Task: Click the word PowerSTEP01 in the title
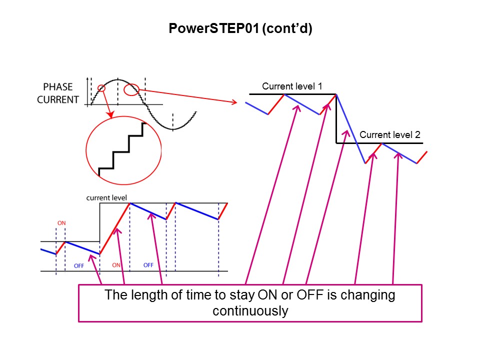coord(214,29)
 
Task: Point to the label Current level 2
coord(389,134)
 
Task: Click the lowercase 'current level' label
coord(106,197)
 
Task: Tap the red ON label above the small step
coord(61,223)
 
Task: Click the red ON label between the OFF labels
coord(116,265)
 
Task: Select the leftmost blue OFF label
coord(78,266)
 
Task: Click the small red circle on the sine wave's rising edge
coord(101,88)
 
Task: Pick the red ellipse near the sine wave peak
coord(132,89)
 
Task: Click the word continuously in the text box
coord(250,311)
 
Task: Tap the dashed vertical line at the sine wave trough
coord(173,121)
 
